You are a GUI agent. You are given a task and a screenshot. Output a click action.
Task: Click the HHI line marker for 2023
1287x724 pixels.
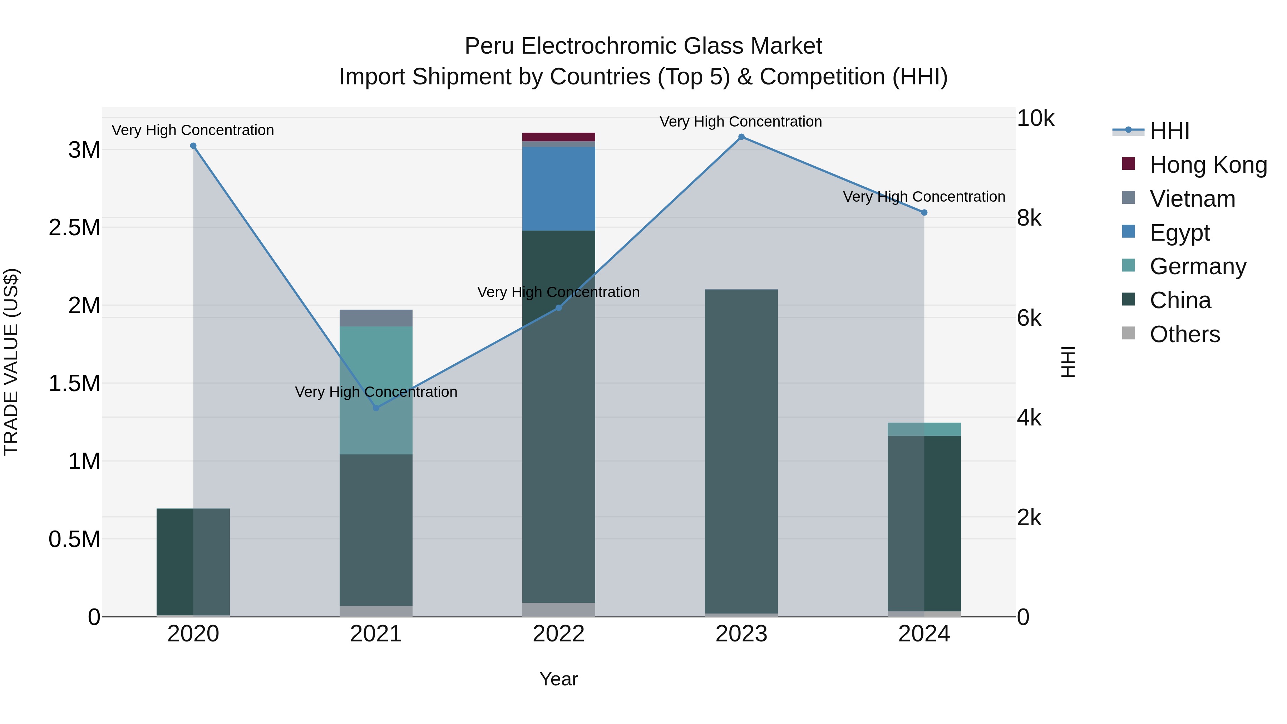point(741,137)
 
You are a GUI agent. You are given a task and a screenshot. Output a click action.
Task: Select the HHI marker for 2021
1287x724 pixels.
point(376,408)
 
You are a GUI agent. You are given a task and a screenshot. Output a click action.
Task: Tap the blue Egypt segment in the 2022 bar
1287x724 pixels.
point(558,188)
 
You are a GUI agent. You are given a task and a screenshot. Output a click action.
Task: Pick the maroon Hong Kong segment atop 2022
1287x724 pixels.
point(558,137)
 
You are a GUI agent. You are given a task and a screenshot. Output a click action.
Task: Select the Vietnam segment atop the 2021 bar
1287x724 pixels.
point(376,318)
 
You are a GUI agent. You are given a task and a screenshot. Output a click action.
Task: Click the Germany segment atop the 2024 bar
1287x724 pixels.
point(924,429)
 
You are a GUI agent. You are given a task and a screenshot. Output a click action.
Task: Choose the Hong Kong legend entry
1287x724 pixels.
point(1208,165)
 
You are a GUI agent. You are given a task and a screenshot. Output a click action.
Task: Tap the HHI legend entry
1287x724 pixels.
point(1169,131)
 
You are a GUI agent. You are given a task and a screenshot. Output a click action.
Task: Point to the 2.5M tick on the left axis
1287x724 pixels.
point(74,227)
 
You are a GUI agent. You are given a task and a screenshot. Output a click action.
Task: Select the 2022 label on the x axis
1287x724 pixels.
point(558,634)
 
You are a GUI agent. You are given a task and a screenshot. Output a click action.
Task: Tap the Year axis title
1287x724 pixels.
point(558,679)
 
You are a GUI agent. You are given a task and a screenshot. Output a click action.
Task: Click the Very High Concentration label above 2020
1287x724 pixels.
point(193,130)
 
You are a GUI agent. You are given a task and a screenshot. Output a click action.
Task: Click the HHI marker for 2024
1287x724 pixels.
point(924,212)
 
